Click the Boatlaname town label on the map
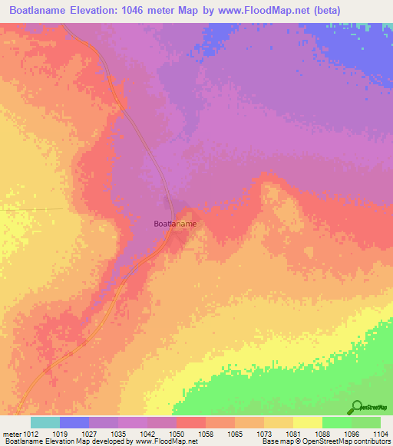coord(175,224)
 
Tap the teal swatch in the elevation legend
coord(45,422)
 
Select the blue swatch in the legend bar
coord(74,422)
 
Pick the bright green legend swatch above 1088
coord(337,422)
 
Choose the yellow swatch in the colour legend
coord(308,422)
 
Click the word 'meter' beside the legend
coord(12,434)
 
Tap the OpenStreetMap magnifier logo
coord(356,406)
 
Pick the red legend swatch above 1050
coord(191,422)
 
